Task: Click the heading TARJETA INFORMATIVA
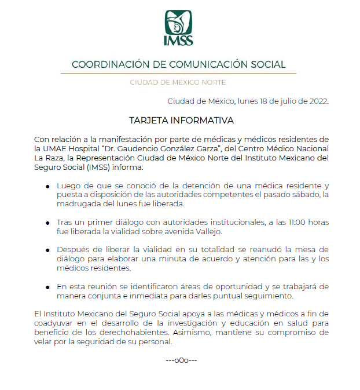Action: pyautogui.click(x=181, y=121)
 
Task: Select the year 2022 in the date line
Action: pyautogui.click(x=317, y=101)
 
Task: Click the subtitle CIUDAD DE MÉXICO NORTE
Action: pyautogui.click(x=178, y=82)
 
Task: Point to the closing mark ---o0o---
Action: pyautogui.click(x=181, y=360)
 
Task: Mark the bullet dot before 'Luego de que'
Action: pyautogui.click(x=48, y=187)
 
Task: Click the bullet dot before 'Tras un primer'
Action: pyautogui.click(x=48, y=223)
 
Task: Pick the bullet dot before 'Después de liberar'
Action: pyautogui.click(x=48, y=250)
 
